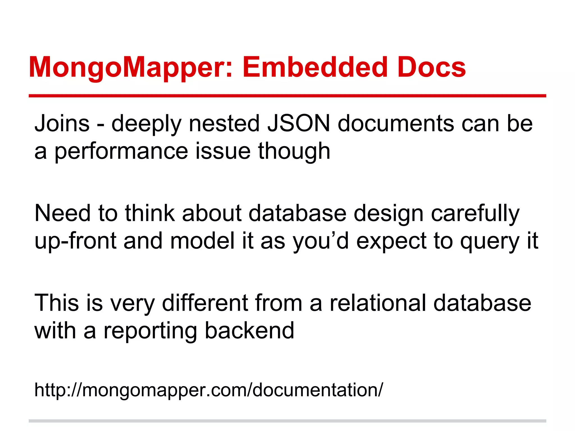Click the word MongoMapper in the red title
click(131, 67)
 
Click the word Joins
click(62, 123)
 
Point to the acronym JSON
click(298, 123)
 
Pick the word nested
click(224, 123)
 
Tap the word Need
click(62, 213)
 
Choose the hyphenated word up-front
click(75, 241)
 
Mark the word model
click(202, 241)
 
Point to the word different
click(205, 303)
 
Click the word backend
click(249, 331)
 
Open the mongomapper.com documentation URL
click(208, 390)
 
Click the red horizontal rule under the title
click(287, 96)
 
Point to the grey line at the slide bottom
click(287, 421)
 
